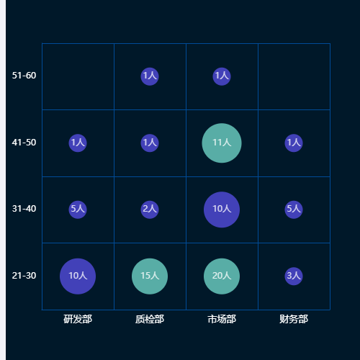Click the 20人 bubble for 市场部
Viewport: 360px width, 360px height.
coord(222,276)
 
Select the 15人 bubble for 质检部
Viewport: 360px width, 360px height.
coord(150,276)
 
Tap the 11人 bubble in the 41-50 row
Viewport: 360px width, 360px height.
coord(222,143)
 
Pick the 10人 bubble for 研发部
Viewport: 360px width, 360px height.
coord(78,276)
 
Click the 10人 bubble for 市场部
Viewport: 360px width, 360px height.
coord(222,210)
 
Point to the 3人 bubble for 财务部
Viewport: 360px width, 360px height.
coord(294,276)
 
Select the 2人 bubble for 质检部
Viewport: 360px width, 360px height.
coord(150,210)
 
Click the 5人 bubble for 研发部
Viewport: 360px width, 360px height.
coord(78,210)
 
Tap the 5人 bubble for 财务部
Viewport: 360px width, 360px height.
coord(294,210)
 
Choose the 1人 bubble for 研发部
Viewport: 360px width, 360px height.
coord(78,143)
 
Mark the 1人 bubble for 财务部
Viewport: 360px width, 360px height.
coord(294,143)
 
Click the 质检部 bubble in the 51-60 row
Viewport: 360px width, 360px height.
coord(150,76)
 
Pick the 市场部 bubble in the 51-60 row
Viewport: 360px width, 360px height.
coord(222,76)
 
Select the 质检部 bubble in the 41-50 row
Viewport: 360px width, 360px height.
coord(150,143)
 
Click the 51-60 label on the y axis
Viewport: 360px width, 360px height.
coord(24,76)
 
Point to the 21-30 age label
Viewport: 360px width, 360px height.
coord(24,276)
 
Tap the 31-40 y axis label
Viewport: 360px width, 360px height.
coord(24,209)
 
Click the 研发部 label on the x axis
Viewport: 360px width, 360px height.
coord(78,319)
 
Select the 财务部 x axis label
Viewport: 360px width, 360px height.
coord(294,319)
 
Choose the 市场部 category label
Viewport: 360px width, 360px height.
coord(222,319)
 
